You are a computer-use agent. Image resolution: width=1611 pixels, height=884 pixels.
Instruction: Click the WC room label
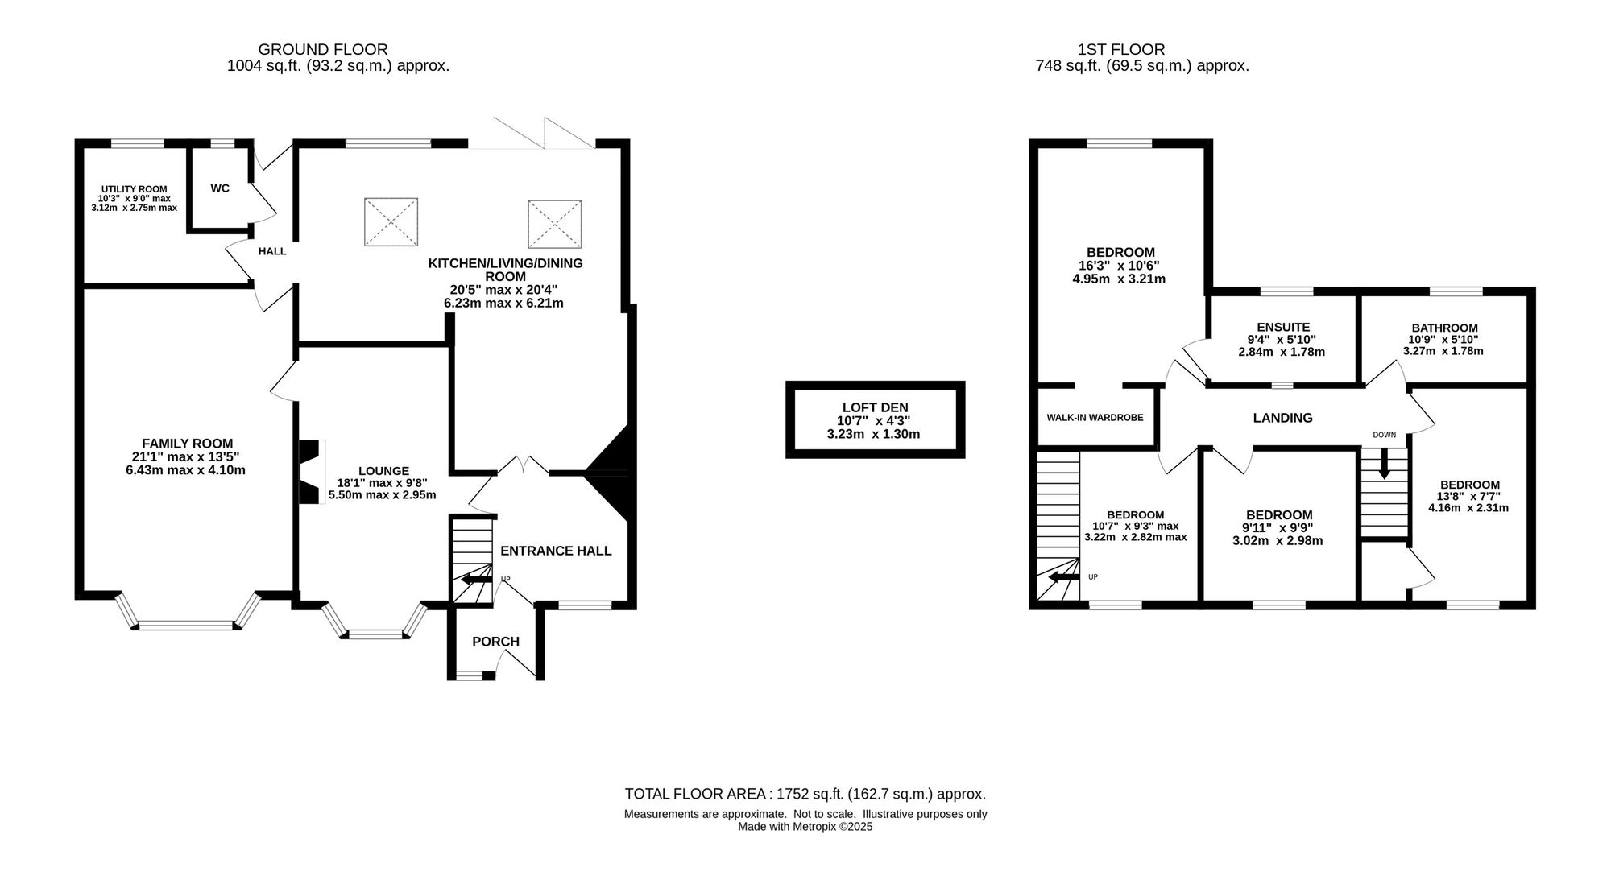pyautogui.click(x=220, y=188)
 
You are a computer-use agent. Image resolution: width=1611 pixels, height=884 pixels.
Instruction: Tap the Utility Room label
pyautogui.click(x=134, y=189)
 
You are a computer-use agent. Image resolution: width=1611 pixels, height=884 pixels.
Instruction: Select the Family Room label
pyautogui.click(x=187, y=444)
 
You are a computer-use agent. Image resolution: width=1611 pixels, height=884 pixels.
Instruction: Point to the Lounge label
pyautogui.click(x=383, y=471)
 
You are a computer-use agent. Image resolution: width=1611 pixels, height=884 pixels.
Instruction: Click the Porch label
pyautogui.click(x=495, y=642)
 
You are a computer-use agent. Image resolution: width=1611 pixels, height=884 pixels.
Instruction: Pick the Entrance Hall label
pyautogui.click(x=556, y=551)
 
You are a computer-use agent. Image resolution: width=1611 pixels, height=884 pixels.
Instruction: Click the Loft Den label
pyautogui.click(x=875, y=407)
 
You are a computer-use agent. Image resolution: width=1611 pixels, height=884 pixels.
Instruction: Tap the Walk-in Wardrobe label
pyautogui.click(x=1095, y=418)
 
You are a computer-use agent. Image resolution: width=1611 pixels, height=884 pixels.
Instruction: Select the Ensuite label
pyautogui.click(x=1283, y=327)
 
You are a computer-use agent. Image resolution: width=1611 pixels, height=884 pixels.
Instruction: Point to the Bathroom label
pyautogui.click(x=1444, y=328)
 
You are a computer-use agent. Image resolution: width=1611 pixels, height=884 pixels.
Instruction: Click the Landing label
pyautogui.click(x=1282, y=418)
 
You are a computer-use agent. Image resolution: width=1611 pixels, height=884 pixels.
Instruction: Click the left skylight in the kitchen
pyautogui.click(x=391, y=222)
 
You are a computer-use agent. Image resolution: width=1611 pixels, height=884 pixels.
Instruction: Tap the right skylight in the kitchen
pyautogui.click(x=555, y=224)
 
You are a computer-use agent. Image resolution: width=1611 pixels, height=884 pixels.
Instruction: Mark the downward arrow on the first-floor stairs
pyautogui.click(x=1384, y=464)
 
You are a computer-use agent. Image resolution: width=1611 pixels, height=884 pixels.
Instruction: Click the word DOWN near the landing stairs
pyautogui.click(x=1384, y=435)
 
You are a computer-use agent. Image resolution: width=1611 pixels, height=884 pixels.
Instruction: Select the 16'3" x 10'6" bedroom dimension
pyautogui.click(x=1119, y=266)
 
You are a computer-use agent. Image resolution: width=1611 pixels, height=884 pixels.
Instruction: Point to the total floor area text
pyautogui.click(x=805, y=794)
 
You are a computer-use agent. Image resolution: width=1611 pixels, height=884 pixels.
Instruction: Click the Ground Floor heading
pyautogui.click(x=322, y=50)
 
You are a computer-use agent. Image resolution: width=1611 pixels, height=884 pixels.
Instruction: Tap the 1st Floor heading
pyautogui.click(x=1121, y=50)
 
